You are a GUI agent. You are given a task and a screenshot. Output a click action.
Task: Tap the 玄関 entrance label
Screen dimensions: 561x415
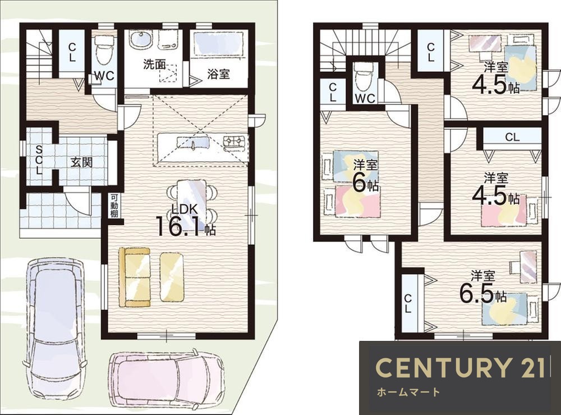pos(81,162)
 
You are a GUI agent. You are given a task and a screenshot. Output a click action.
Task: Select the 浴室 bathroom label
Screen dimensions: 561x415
pos(218,75)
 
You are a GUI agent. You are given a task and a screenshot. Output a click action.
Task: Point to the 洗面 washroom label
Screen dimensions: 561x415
pos(154,65)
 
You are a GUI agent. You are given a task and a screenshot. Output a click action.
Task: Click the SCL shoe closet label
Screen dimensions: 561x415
pos(39,159)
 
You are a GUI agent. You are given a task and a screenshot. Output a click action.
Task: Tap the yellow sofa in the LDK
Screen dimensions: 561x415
pos(135,277)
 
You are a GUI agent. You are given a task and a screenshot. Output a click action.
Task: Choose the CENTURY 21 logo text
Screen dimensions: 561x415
pos(461,367)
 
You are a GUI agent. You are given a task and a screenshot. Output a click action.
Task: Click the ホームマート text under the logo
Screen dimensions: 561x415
pos(408,392)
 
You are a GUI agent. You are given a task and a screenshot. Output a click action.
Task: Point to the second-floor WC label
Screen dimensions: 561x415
pos(365,98)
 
